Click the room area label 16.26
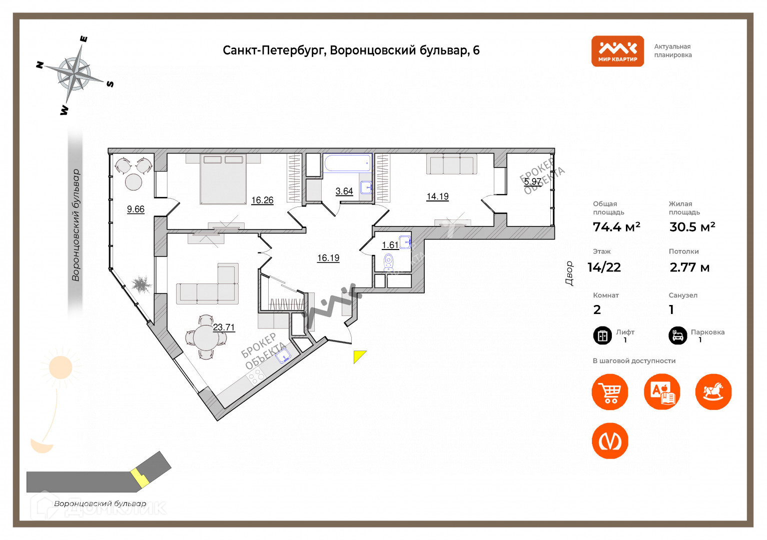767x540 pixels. point(262,200)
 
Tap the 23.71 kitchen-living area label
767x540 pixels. point(224,327)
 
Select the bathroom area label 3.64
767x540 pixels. point(344,191)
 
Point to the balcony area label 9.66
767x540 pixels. point(136,209)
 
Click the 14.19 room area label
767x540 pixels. point(437,196)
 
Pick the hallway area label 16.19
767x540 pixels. point(328,258)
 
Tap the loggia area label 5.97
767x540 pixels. point(532,181)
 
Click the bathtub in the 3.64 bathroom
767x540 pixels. point(347,163)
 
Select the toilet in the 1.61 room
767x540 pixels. point(388,261)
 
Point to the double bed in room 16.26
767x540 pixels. point(223,179)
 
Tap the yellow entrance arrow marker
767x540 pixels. point(359,355)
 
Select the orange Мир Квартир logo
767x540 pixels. point(617,51)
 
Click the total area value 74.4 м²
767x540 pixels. point(616,227)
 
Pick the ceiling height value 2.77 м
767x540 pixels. point(689,267)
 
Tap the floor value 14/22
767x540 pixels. point(604,267)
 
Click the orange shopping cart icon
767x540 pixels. point(610,392)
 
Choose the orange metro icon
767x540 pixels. point(610,441)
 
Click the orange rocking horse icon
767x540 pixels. point(713,392)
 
